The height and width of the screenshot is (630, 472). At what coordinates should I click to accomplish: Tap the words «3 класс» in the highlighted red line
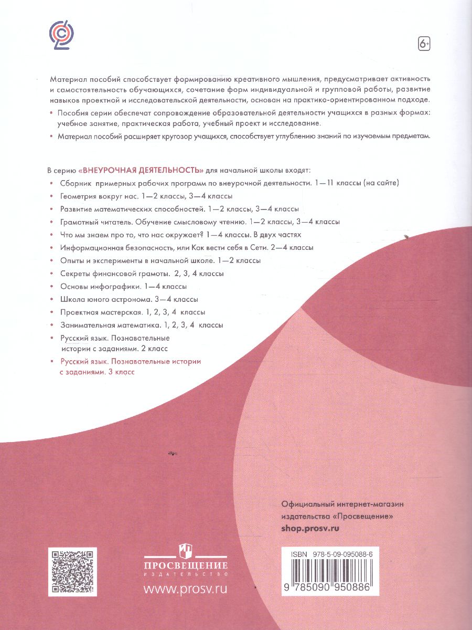121,372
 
